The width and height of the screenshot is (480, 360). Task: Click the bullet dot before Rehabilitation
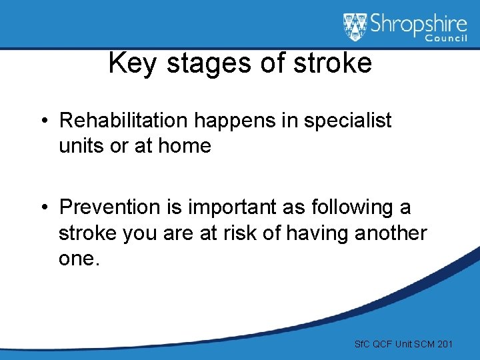[x=43, y=121]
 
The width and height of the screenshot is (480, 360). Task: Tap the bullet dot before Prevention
[x=43, y=208]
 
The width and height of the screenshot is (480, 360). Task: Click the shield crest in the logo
[x=355, y=27]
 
